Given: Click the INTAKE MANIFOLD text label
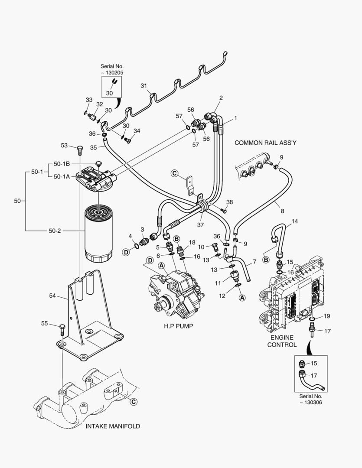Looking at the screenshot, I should point(113,426).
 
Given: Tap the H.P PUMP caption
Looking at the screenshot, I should point(178,326).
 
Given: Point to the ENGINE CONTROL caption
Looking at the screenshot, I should point(282,341).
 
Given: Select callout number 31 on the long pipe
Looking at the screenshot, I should point(144,85).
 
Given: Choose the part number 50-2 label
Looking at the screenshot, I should point(55,231).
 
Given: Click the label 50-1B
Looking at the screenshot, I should point(62,163).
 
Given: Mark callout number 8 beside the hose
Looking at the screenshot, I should point(282,211).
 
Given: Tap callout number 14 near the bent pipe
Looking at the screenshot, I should point(294,221).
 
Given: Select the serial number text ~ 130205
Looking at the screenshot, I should point(112,73).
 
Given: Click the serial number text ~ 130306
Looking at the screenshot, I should point(310,403).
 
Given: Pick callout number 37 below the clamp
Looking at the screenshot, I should point(200,225).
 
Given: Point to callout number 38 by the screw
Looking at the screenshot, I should point(229,202).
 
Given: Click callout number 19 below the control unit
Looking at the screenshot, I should point(327,316).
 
